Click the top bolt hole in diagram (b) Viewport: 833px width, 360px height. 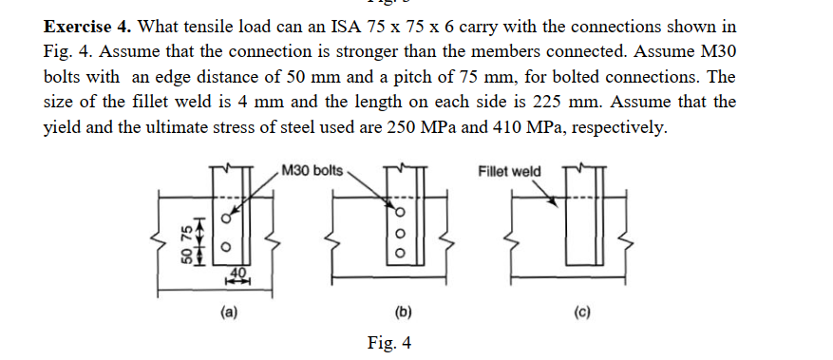tap(400, 212)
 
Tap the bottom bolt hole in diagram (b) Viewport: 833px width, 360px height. tap(400, 254)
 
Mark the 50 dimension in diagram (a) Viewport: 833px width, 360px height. tap(188, 257)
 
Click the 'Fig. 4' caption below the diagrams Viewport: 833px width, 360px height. tap(389, 342)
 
